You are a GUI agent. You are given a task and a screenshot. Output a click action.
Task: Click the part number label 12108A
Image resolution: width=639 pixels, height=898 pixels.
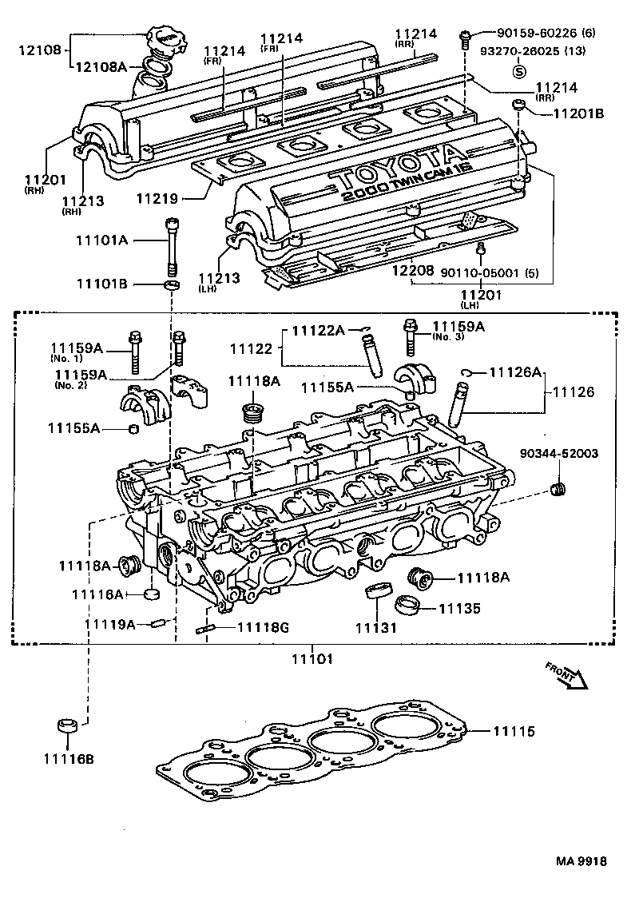tap(101, 66)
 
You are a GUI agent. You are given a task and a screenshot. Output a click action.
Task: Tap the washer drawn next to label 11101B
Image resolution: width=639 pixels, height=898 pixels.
tap(170, 284)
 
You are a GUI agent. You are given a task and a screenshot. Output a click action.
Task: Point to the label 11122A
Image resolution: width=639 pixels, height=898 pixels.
tap(318, 330)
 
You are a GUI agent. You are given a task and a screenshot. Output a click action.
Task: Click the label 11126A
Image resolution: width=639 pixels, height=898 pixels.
tap(515, 372)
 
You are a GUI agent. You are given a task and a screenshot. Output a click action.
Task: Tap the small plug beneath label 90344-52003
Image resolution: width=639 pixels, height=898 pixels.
tap(560, 489)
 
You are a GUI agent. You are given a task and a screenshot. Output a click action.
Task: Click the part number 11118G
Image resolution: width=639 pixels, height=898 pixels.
tap(263, 627)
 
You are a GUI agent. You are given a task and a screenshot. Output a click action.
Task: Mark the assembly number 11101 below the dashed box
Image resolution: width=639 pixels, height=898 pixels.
tap(312, 659)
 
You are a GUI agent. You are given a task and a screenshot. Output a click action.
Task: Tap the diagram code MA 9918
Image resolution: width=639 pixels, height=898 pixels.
tap(581, 861)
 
